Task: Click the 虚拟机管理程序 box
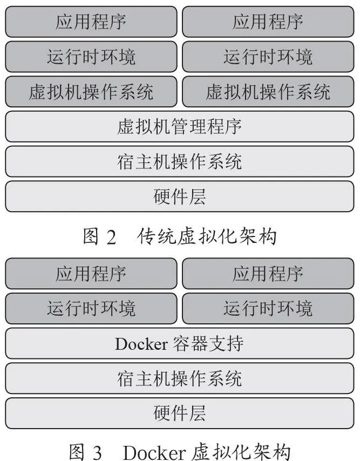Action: point(180,126)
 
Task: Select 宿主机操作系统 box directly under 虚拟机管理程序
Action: point(180,161)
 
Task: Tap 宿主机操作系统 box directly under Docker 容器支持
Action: point(180,378)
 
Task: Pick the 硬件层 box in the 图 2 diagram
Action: point(180,196)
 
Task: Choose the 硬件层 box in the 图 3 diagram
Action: point(180,413)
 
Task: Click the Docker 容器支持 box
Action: point(180,343)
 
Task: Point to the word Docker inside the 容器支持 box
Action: point(141,344)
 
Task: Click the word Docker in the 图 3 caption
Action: point(154,452)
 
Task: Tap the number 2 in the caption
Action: point(111,237)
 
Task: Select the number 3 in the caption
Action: point(98,453)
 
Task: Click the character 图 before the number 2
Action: point(91,236)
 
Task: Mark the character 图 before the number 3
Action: point(78,452)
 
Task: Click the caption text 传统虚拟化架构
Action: point(207,236)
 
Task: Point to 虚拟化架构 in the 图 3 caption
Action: point(241,452)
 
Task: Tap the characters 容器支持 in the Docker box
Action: point(208,343)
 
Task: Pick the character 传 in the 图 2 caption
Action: point(146,236)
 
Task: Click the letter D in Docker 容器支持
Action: point(121,344)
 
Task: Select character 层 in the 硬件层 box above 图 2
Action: point(197,196)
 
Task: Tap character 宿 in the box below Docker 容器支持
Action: point(126,378)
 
